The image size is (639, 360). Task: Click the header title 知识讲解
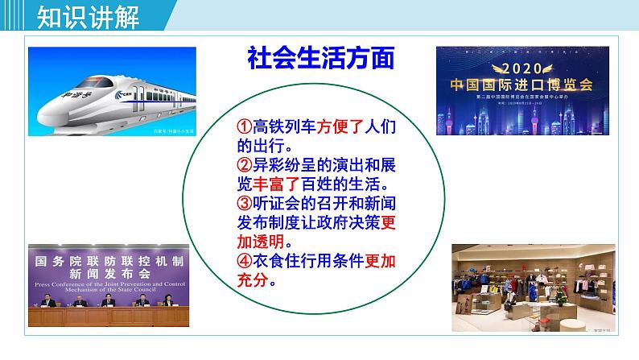77,15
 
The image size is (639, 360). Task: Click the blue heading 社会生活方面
320,59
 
